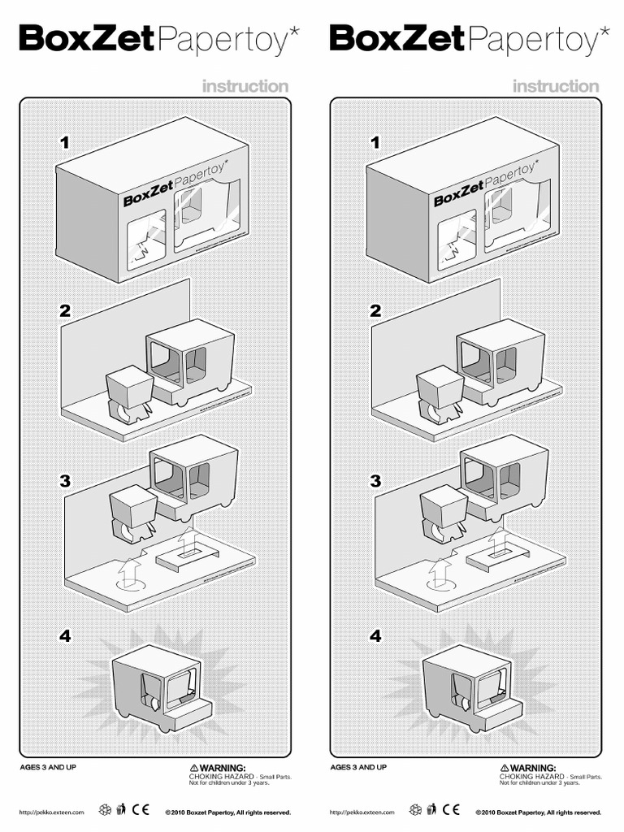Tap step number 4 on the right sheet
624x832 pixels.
pyautogui.click(x=375, y=636)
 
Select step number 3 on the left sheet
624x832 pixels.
pyautogui.click(x=65, y=480)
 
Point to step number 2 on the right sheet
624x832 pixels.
pyautogui.click(x=375, y=310)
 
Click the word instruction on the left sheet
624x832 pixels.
pyautogui.click(x=245, y=86)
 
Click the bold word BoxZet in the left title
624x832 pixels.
pyautogui.click(x=85, y=39)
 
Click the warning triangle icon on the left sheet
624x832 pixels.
pyautogui.click(x=193, y=767)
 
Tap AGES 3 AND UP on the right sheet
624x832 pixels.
pyautogui.click(x=358, y=767)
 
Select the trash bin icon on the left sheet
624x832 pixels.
pyautogui.click(x=121, y=809)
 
